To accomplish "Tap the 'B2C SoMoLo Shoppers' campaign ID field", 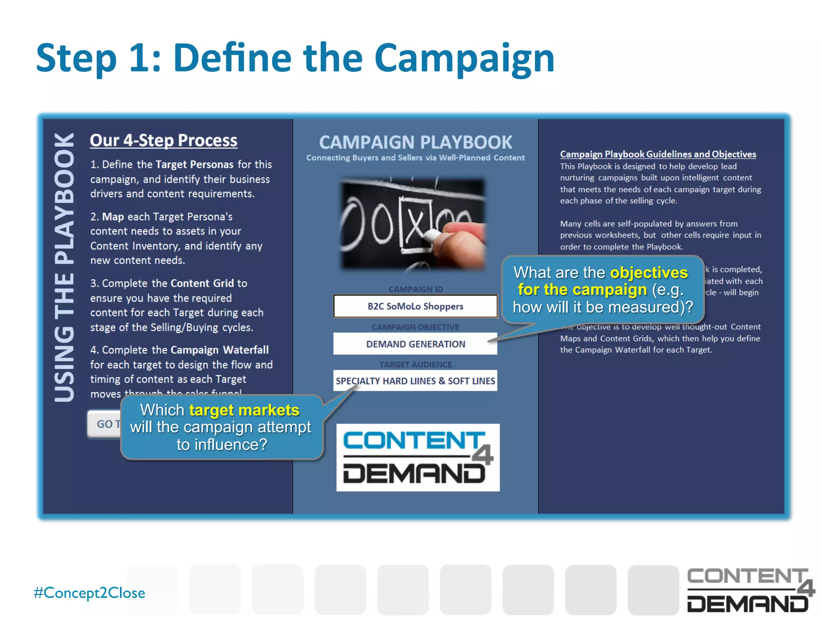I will (415, 306).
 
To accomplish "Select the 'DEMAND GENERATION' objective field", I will (415, 344).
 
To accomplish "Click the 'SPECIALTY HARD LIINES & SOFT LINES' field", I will (415, 381).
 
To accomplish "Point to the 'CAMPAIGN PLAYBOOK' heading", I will (415, 142).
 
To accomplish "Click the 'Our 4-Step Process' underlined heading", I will (163, 141).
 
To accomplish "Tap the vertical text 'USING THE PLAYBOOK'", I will (64, 267).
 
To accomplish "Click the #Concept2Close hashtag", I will (90, 593).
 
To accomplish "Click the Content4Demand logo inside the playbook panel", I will (417, 458).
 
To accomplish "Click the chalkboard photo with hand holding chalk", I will (413, 223).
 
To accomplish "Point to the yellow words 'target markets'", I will (244, 410).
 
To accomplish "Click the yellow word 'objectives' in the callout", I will (649, 273).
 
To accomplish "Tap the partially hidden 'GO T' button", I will (104, 424).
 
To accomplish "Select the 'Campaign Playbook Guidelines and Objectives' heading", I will (658, 154).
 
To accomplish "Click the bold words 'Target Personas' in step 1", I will (194, 165).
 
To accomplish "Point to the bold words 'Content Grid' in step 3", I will (202, 284).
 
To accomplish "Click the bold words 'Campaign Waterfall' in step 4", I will (220, 350).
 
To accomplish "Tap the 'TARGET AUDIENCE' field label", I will (415, 364).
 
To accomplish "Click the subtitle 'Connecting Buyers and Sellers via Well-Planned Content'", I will (415, 158).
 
